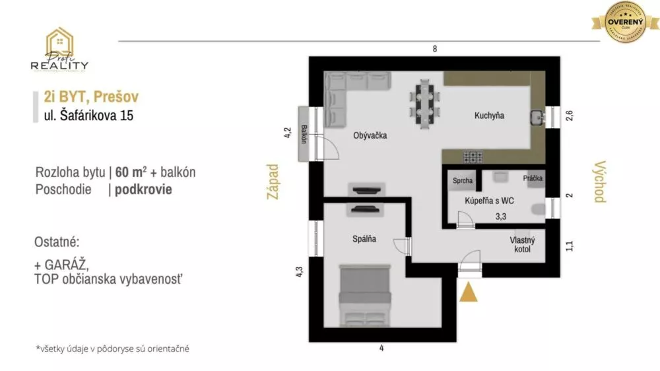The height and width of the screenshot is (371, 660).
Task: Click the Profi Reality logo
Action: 59,50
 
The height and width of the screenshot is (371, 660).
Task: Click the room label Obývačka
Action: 370,135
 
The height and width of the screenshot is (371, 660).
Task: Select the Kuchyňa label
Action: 489,116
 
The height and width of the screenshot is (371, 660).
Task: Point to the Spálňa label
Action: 364,239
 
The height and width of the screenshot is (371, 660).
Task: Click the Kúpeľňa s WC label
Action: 489,201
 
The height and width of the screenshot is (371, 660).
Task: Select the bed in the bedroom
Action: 364,294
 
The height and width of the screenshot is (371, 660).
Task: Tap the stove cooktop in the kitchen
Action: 473,156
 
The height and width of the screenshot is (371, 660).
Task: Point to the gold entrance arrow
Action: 469,292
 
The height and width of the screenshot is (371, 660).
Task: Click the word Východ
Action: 599,181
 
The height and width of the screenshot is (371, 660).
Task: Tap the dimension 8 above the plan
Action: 434,49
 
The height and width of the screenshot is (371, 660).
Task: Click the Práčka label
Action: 532,178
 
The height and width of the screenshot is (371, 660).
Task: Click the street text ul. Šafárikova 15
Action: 86,117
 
